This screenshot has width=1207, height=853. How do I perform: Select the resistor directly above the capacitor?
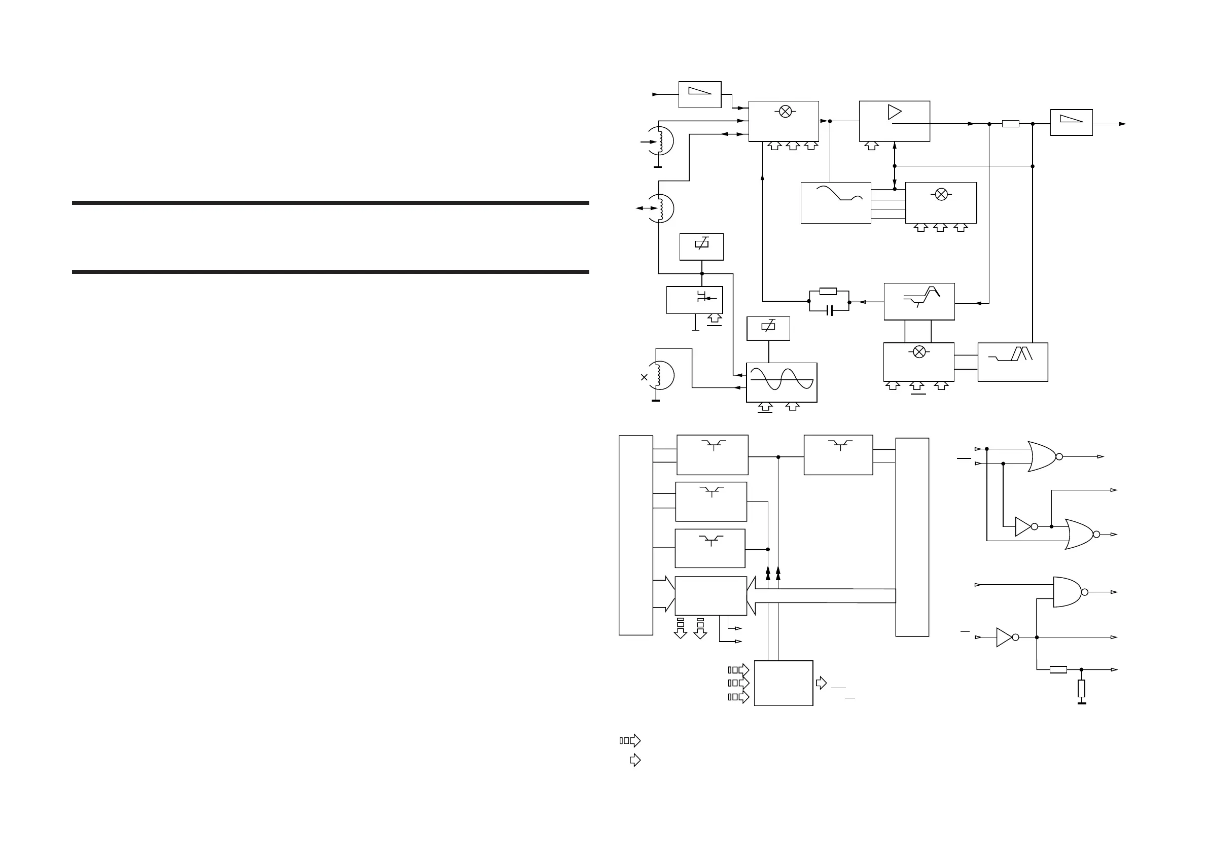tap(828, 291)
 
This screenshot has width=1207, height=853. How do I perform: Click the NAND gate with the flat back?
tap(1068, 592)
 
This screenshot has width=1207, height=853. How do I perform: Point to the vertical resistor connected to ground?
tap(1081, 689)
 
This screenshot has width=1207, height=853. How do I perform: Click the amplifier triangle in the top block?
tap(894, 112)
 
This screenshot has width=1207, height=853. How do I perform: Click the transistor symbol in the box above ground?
tap(702, 297)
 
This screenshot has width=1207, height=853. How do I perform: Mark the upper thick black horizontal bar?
tap(330, 203)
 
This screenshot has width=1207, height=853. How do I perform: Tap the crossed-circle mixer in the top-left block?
tap(786, 112)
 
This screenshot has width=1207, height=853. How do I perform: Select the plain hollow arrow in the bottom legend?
tap(635, 760)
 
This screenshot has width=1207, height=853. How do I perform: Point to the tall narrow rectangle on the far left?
tap(635, 535)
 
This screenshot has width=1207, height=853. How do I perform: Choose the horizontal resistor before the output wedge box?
tap(1010, 124)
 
